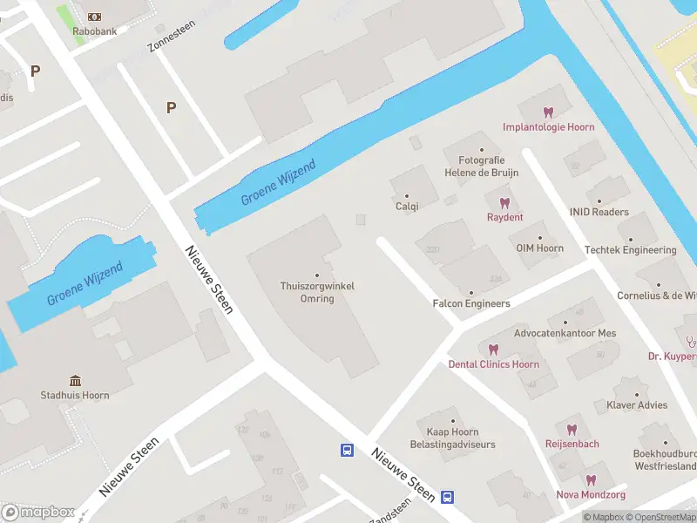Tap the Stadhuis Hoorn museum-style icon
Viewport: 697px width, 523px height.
coord(76,381)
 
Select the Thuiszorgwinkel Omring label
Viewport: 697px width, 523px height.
coord(317,292)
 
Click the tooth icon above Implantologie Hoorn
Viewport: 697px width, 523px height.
coord(548,112)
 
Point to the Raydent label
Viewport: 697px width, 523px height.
coord(504,217)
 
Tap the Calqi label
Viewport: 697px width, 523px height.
coord(407,207)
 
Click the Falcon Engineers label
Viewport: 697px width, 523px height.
coord(471,303)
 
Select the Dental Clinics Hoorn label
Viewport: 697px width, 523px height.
coord(494,364)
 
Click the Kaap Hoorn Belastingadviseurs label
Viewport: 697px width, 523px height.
coord(452,438)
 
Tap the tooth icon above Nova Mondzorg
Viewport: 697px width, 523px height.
coord(591,480)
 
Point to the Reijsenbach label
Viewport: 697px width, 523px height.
coord(572,444)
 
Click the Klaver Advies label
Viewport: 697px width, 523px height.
coord(637,405)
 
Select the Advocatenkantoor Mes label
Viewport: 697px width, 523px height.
coord(565,333)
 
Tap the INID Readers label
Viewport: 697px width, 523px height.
coord(599,212)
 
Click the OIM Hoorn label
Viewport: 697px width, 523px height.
coord(539,248)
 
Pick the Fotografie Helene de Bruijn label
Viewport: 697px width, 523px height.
coord(482,166)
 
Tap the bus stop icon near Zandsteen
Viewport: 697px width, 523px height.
coord(447,497)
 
